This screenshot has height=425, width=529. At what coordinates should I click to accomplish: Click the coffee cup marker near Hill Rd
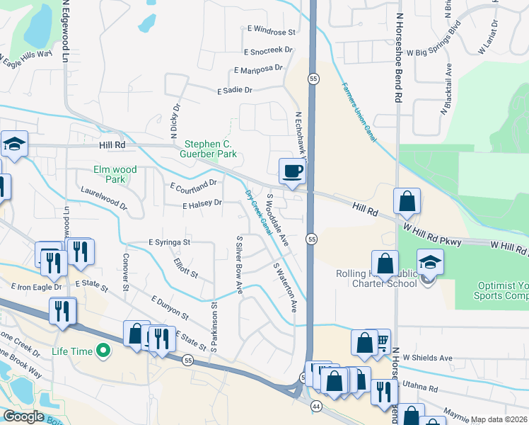(x=293, y=171)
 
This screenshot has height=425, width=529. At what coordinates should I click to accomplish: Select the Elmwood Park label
(x=115, y=174)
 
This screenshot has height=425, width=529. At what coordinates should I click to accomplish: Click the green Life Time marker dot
(x=104, y=350)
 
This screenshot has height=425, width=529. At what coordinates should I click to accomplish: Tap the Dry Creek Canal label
(x=259, y=212)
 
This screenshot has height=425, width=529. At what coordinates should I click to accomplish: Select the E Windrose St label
(x=272, y=32)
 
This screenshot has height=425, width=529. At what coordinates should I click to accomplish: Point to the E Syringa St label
(x=170, y=242)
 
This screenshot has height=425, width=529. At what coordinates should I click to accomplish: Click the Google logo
(x=24, y=416)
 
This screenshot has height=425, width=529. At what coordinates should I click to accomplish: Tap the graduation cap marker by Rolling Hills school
(x=430, y=263)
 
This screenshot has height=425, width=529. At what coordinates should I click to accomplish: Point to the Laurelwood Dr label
(x=103, y=200)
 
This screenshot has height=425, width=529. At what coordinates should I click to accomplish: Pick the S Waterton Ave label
(x=284, y=288)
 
